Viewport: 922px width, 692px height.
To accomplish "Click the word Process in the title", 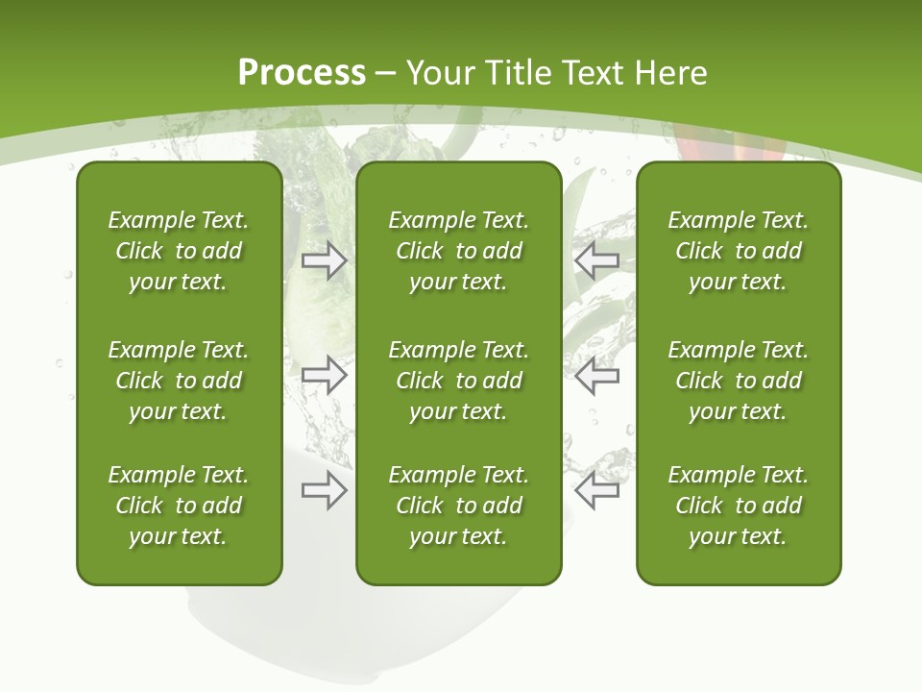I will pyautogui.click(x=302, y=73).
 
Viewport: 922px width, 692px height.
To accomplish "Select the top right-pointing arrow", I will pyautogui.click(x=324, y=259).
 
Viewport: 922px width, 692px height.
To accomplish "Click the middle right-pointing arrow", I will pyautogui.click(x=324, y=375).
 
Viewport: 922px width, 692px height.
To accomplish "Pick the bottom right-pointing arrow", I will pyautogui.click(x=324, y=490).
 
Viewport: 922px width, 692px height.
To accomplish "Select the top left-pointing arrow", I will pyautogui.click(x=597, y=259).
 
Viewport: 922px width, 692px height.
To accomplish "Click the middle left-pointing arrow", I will pyautogui.click(x=597, y=375).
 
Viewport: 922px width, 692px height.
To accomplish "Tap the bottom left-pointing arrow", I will pyautogui.click(x=597, y=490).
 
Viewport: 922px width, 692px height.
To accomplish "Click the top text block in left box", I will pyautogui.click(x=179, y=251).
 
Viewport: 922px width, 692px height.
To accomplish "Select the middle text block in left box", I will pyautogui.click(x=179, y=381).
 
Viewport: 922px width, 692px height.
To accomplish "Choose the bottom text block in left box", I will pyautogui.click(x=179, y=506).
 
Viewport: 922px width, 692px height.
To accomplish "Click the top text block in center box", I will pyautogui.click(x=458, y=251).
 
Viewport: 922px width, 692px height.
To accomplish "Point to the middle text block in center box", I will pyautogui.click(x=458, y=381).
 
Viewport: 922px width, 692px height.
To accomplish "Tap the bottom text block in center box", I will pyautogui.click(x=458, y=506).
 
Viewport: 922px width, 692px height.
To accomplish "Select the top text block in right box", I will pyautogui.click(x=738, y=251).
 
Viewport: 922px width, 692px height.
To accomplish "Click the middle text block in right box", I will pyautogui.click(x=738, y=381).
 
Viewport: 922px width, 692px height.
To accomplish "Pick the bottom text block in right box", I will pyautogui.click(x=738, y=506).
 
